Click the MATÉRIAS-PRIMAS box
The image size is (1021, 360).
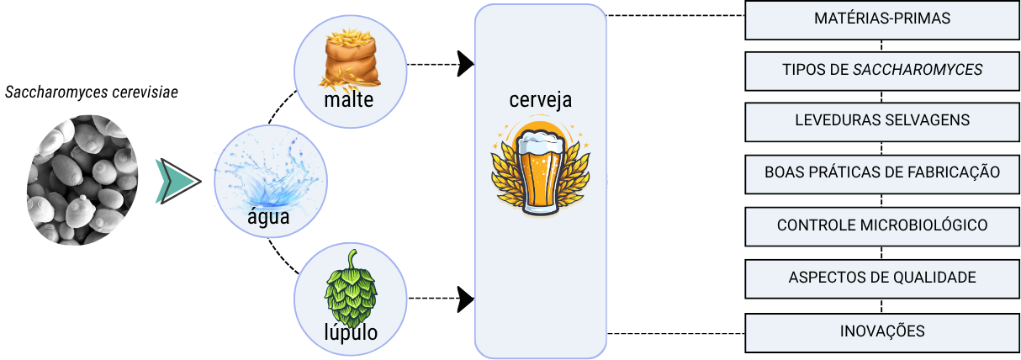[x=882, y=19]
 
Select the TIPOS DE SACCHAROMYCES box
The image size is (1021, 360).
[x=882, y=70]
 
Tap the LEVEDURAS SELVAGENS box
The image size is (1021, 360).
[x=882, y=120]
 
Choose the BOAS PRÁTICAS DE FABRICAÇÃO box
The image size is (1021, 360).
[x=882, y=172]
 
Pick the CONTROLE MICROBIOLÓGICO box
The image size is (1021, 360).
[x=882, y=225]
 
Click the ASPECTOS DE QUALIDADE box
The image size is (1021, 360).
[x=882, y=278]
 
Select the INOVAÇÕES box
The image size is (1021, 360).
[x=882, y=331]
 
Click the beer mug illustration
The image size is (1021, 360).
[x=540, y=168]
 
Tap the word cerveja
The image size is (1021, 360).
[x=540, y=100]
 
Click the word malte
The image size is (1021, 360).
[x=347, y=102]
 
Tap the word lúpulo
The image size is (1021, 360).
[x=351, y=333]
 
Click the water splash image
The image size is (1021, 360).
[x=267, y=172]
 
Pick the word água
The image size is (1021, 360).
[x=267, y=217]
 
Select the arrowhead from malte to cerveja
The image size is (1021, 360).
[x=465, y=64]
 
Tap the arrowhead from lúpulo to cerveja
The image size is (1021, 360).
[x=465, y=297]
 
